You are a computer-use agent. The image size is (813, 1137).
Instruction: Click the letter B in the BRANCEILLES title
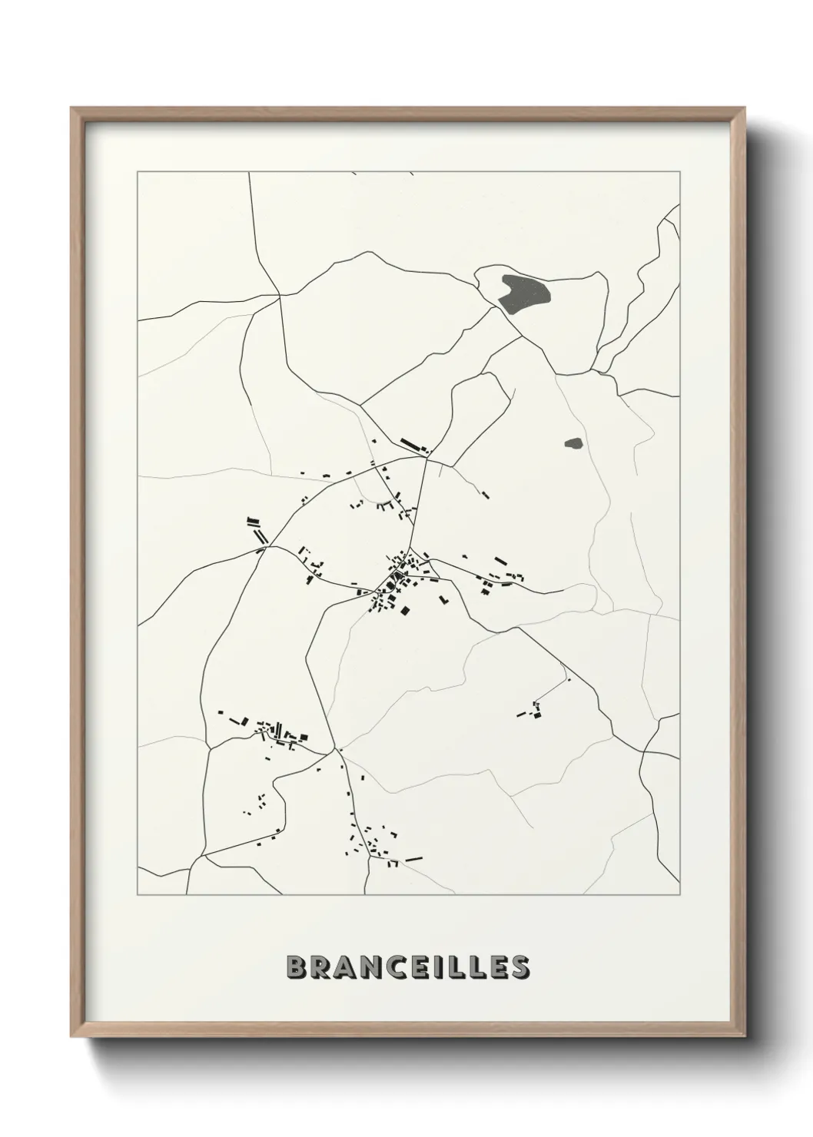point(296,967)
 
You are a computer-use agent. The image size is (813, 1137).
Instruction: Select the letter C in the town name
point(393,967)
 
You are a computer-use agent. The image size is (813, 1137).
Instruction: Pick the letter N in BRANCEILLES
point(367,967)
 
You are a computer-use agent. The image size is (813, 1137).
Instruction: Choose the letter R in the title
point(319,967)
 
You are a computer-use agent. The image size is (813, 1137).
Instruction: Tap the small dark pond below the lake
point(573,443)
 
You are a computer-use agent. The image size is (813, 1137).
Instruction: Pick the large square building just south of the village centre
point(404,611)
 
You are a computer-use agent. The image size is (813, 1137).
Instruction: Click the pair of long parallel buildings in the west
point(257,529)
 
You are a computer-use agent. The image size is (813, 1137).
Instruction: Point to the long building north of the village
point(413,445)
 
